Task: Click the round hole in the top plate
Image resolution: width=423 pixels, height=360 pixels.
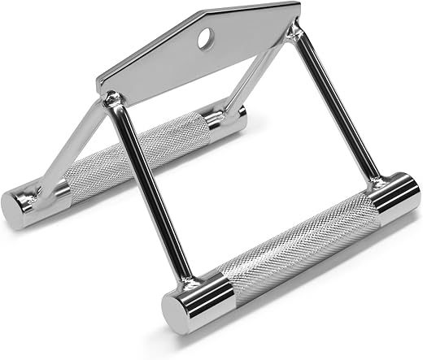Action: [203, 36]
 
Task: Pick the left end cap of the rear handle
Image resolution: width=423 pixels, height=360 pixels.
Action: [24, 207]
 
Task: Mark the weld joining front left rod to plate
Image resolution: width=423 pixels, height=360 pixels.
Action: [113, 102]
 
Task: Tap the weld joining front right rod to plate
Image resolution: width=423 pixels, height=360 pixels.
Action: [294, 33]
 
